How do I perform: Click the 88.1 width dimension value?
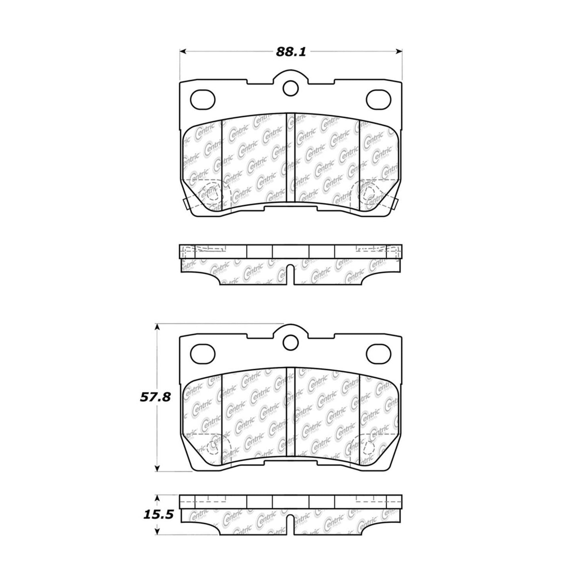tap(291, 51)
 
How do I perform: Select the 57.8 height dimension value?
tap(155, 397)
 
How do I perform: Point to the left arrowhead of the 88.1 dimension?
tap(182, 51)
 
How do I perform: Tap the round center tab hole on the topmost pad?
tap(290, 88)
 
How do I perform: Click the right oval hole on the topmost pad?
tap(378, 99)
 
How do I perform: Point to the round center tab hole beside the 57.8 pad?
tap(290, 342)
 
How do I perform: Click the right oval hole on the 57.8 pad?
tap(378, 353)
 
